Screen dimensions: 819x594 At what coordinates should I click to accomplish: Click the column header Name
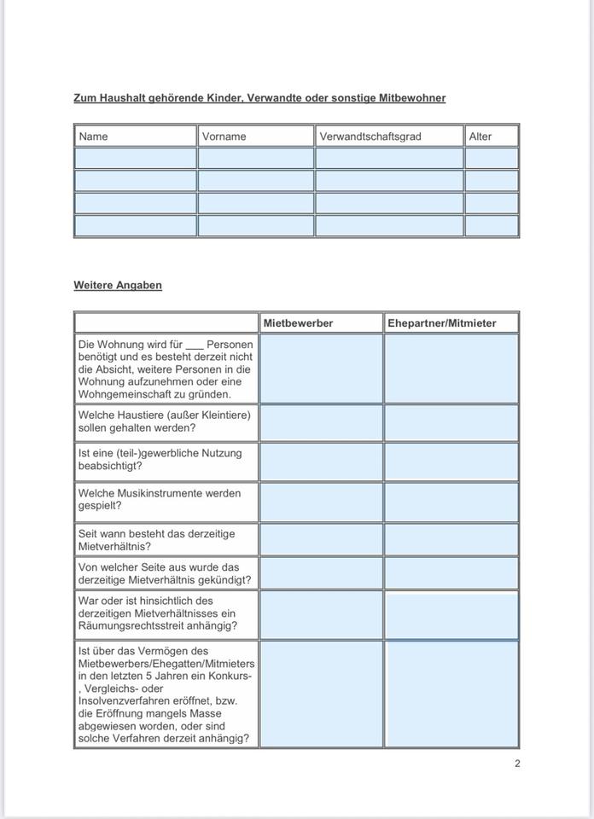94,136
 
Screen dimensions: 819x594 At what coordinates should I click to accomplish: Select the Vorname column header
224,136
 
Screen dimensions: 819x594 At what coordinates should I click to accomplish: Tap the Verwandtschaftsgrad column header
370,136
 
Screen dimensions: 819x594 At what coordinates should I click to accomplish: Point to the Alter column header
480,136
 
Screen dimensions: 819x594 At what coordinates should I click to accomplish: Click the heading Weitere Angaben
118,286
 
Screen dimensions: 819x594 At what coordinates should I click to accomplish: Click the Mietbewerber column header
298,323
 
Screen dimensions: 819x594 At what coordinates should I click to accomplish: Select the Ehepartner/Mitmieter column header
441,323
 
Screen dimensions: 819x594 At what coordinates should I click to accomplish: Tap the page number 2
517,764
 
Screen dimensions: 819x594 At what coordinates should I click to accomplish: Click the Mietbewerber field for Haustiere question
321,422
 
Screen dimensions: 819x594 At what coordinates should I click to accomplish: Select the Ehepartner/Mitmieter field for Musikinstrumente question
451,502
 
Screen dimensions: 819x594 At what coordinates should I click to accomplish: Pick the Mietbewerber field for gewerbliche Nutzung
321,461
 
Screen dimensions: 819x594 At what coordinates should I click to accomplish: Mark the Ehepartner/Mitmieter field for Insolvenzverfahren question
451,694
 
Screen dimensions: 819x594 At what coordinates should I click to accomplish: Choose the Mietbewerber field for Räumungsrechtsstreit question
321,614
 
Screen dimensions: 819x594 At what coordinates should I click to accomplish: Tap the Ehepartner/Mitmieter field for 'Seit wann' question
451,539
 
